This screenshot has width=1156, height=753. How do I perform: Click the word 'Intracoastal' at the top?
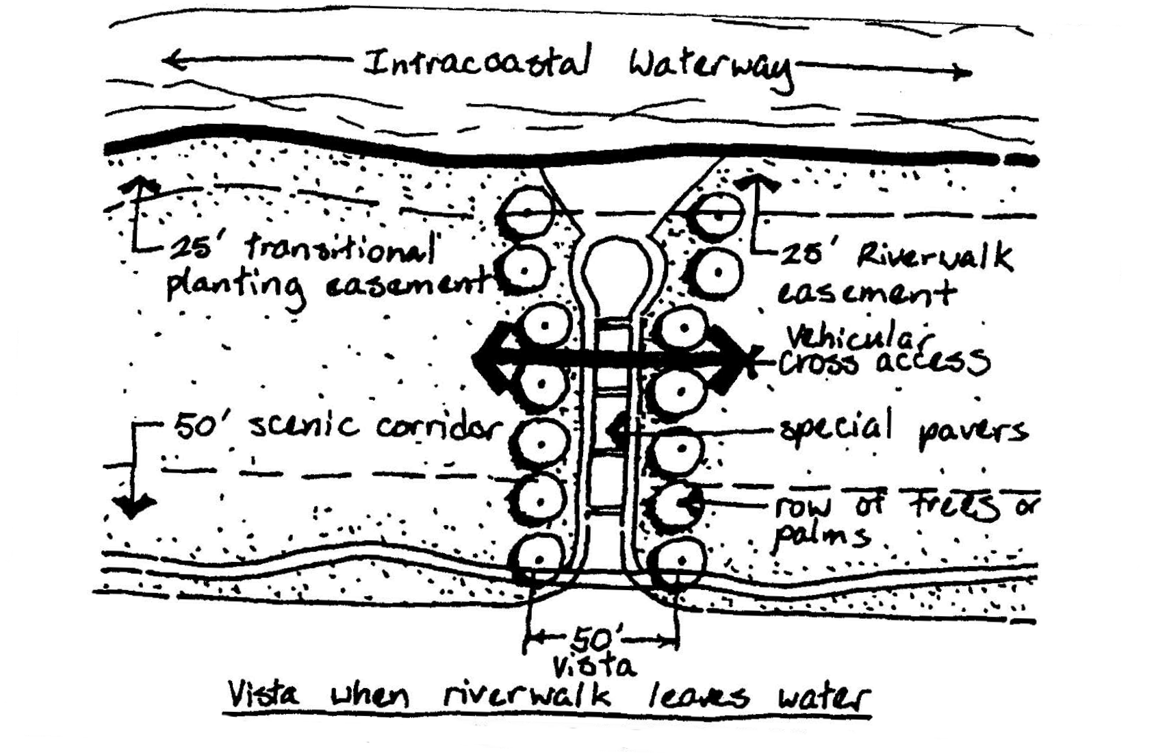point(476,63)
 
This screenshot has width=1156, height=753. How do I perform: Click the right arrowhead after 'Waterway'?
point(964,71)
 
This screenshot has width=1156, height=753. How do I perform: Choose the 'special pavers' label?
point(903,430)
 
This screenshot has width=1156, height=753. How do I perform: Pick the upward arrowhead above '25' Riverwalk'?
point(756,181)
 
